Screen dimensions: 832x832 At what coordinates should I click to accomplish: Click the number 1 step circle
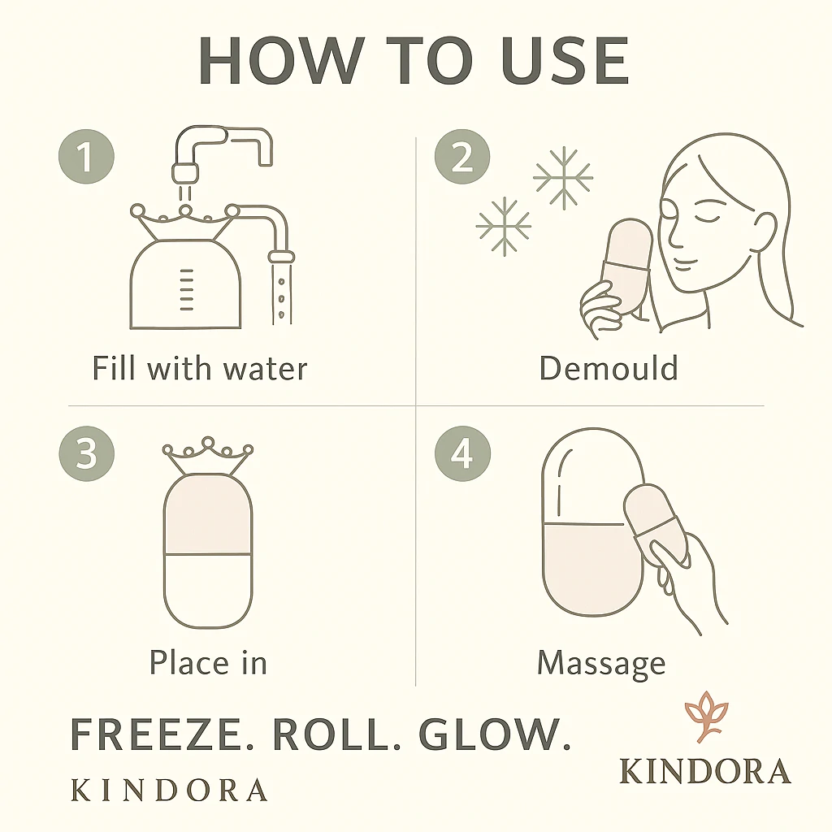click(86, 157)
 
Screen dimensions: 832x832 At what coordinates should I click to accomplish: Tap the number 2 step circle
click(462, 157)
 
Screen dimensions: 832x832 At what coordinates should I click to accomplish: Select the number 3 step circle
click(86, 453)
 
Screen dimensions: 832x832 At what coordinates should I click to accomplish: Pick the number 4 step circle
click(462, 453)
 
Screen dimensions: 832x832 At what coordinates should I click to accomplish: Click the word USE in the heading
click(565, 60)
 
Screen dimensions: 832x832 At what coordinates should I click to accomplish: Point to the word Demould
click(609, 368)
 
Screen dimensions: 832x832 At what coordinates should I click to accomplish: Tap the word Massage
click(601, 664)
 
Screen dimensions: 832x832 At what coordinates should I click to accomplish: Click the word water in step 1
click(266, 369)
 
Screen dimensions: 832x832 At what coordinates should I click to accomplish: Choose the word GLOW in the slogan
click(494, 734)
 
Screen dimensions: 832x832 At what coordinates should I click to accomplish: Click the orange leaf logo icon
click(706, 716)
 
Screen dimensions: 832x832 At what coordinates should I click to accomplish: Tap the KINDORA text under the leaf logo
click(705, 771)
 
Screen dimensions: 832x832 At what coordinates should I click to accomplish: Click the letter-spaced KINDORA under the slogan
click(169, 790)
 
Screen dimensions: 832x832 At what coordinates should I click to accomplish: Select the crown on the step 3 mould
click(207, 456)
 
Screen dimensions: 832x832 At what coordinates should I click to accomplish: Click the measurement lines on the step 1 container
click(186, 290)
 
